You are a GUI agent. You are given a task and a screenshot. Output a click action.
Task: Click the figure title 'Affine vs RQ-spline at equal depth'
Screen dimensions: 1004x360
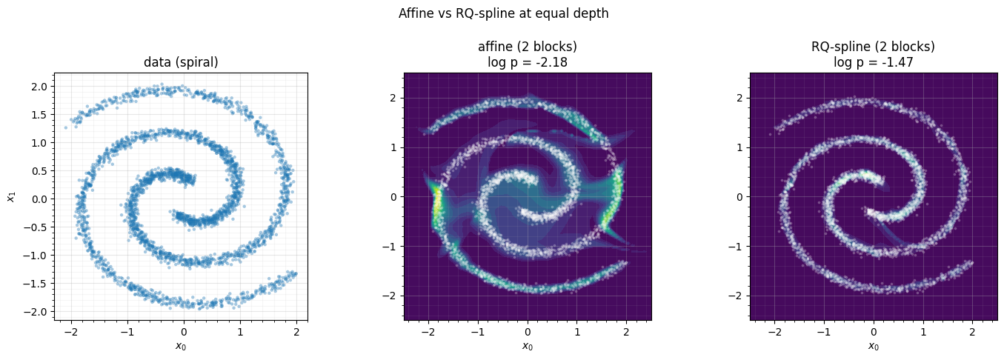pyautogui.click(x=503, y=13)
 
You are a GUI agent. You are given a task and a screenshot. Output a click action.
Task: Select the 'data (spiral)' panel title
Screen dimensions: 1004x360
pyautogui.click(x=181, y=62)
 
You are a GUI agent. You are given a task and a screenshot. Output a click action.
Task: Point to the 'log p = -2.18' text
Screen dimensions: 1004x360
pyautogui.click(x=528, y=62)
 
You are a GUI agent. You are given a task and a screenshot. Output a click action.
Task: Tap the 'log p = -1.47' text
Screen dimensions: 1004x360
pyautogui.click(x=873, y=62)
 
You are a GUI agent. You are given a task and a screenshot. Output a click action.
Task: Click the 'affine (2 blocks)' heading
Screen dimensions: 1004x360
pyautogui.click(x=528, y=46)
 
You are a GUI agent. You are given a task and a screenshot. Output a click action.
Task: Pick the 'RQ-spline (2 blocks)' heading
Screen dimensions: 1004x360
pyautogui.click(x=873, y=46)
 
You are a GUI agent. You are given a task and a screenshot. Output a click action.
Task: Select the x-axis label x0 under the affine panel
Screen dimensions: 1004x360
pyautogui.click(x=528, y=346)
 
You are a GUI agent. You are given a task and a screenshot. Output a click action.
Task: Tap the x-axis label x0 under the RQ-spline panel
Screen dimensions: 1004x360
pyautogui.click(x=873, y=346)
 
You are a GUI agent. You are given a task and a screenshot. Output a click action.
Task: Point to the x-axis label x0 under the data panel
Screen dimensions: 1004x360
pyautogui.click(x=181, y=346)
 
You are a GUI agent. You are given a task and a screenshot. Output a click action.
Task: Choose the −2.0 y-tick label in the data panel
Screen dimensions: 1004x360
pyautogui.click(x=37, y=312)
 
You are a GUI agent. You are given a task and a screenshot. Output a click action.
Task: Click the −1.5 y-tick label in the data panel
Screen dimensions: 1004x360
pyautogui.click(x=37, y=284)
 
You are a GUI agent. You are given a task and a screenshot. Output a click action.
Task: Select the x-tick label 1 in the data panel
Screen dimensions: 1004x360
pyautogui.click(x=240, y=332)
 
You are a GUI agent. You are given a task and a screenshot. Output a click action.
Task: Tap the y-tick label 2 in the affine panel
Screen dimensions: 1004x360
pyautogui.click(x=394, y=98)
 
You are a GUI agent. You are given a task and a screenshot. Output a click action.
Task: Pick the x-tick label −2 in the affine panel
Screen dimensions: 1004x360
pyautogui.click(x=429, y=332)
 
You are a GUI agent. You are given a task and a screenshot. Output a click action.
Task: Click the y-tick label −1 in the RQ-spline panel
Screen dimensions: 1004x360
pyautogui.click(x=737, y=246)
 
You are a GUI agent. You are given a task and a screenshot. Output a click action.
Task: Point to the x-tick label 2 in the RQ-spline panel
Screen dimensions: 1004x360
pyautogui.click(x=972, y=332)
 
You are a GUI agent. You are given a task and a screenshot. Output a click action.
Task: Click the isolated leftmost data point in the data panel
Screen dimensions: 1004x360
pyautogui.click(x=66, y=127)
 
